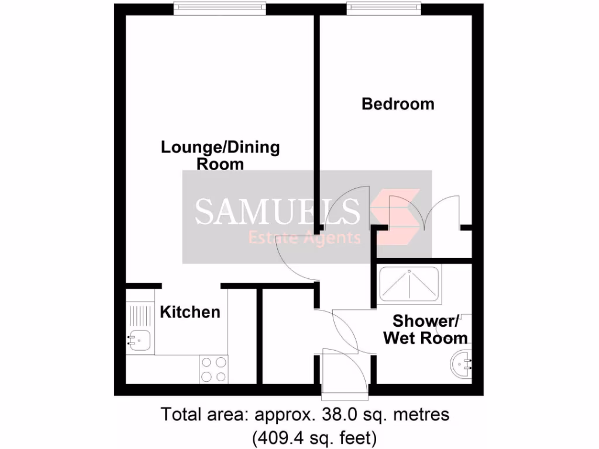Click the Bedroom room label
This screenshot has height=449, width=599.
(x=398, y=104)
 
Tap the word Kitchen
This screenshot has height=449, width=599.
(x=190, y=312)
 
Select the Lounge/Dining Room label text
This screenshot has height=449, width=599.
(x=221, y=155)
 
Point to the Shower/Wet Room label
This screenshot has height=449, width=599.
(x=425, y=329)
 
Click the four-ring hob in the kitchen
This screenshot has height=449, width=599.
(x=214, y=369)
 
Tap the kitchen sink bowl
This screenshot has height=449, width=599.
(x=140, y=339)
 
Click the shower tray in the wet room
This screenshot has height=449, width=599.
(x=409, y=285)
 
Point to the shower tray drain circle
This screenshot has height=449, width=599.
(x=409, y=272)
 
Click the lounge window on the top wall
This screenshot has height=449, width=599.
(x=220, y=8)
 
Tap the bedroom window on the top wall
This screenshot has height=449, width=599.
(x=384, y=8)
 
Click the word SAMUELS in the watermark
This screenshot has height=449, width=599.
(x=277, y=211)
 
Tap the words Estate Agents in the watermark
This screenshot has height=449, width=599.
(x=305, y=238)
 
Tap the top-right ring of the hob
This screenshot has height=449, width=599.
(x=221, y=362)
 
